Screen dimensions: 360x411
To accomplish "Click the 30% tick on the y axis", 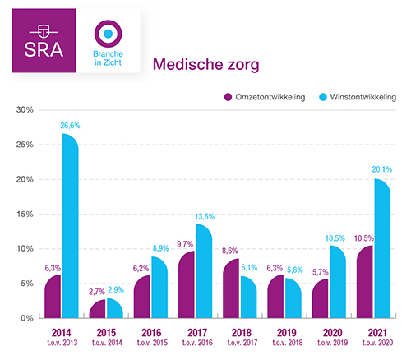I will (x=24, y=110).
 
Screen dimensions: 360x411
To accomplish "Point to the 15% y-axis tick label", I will (x=24, y=214).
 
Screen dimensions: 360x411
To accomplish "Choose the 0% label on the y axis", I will (x=25, y=318).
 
